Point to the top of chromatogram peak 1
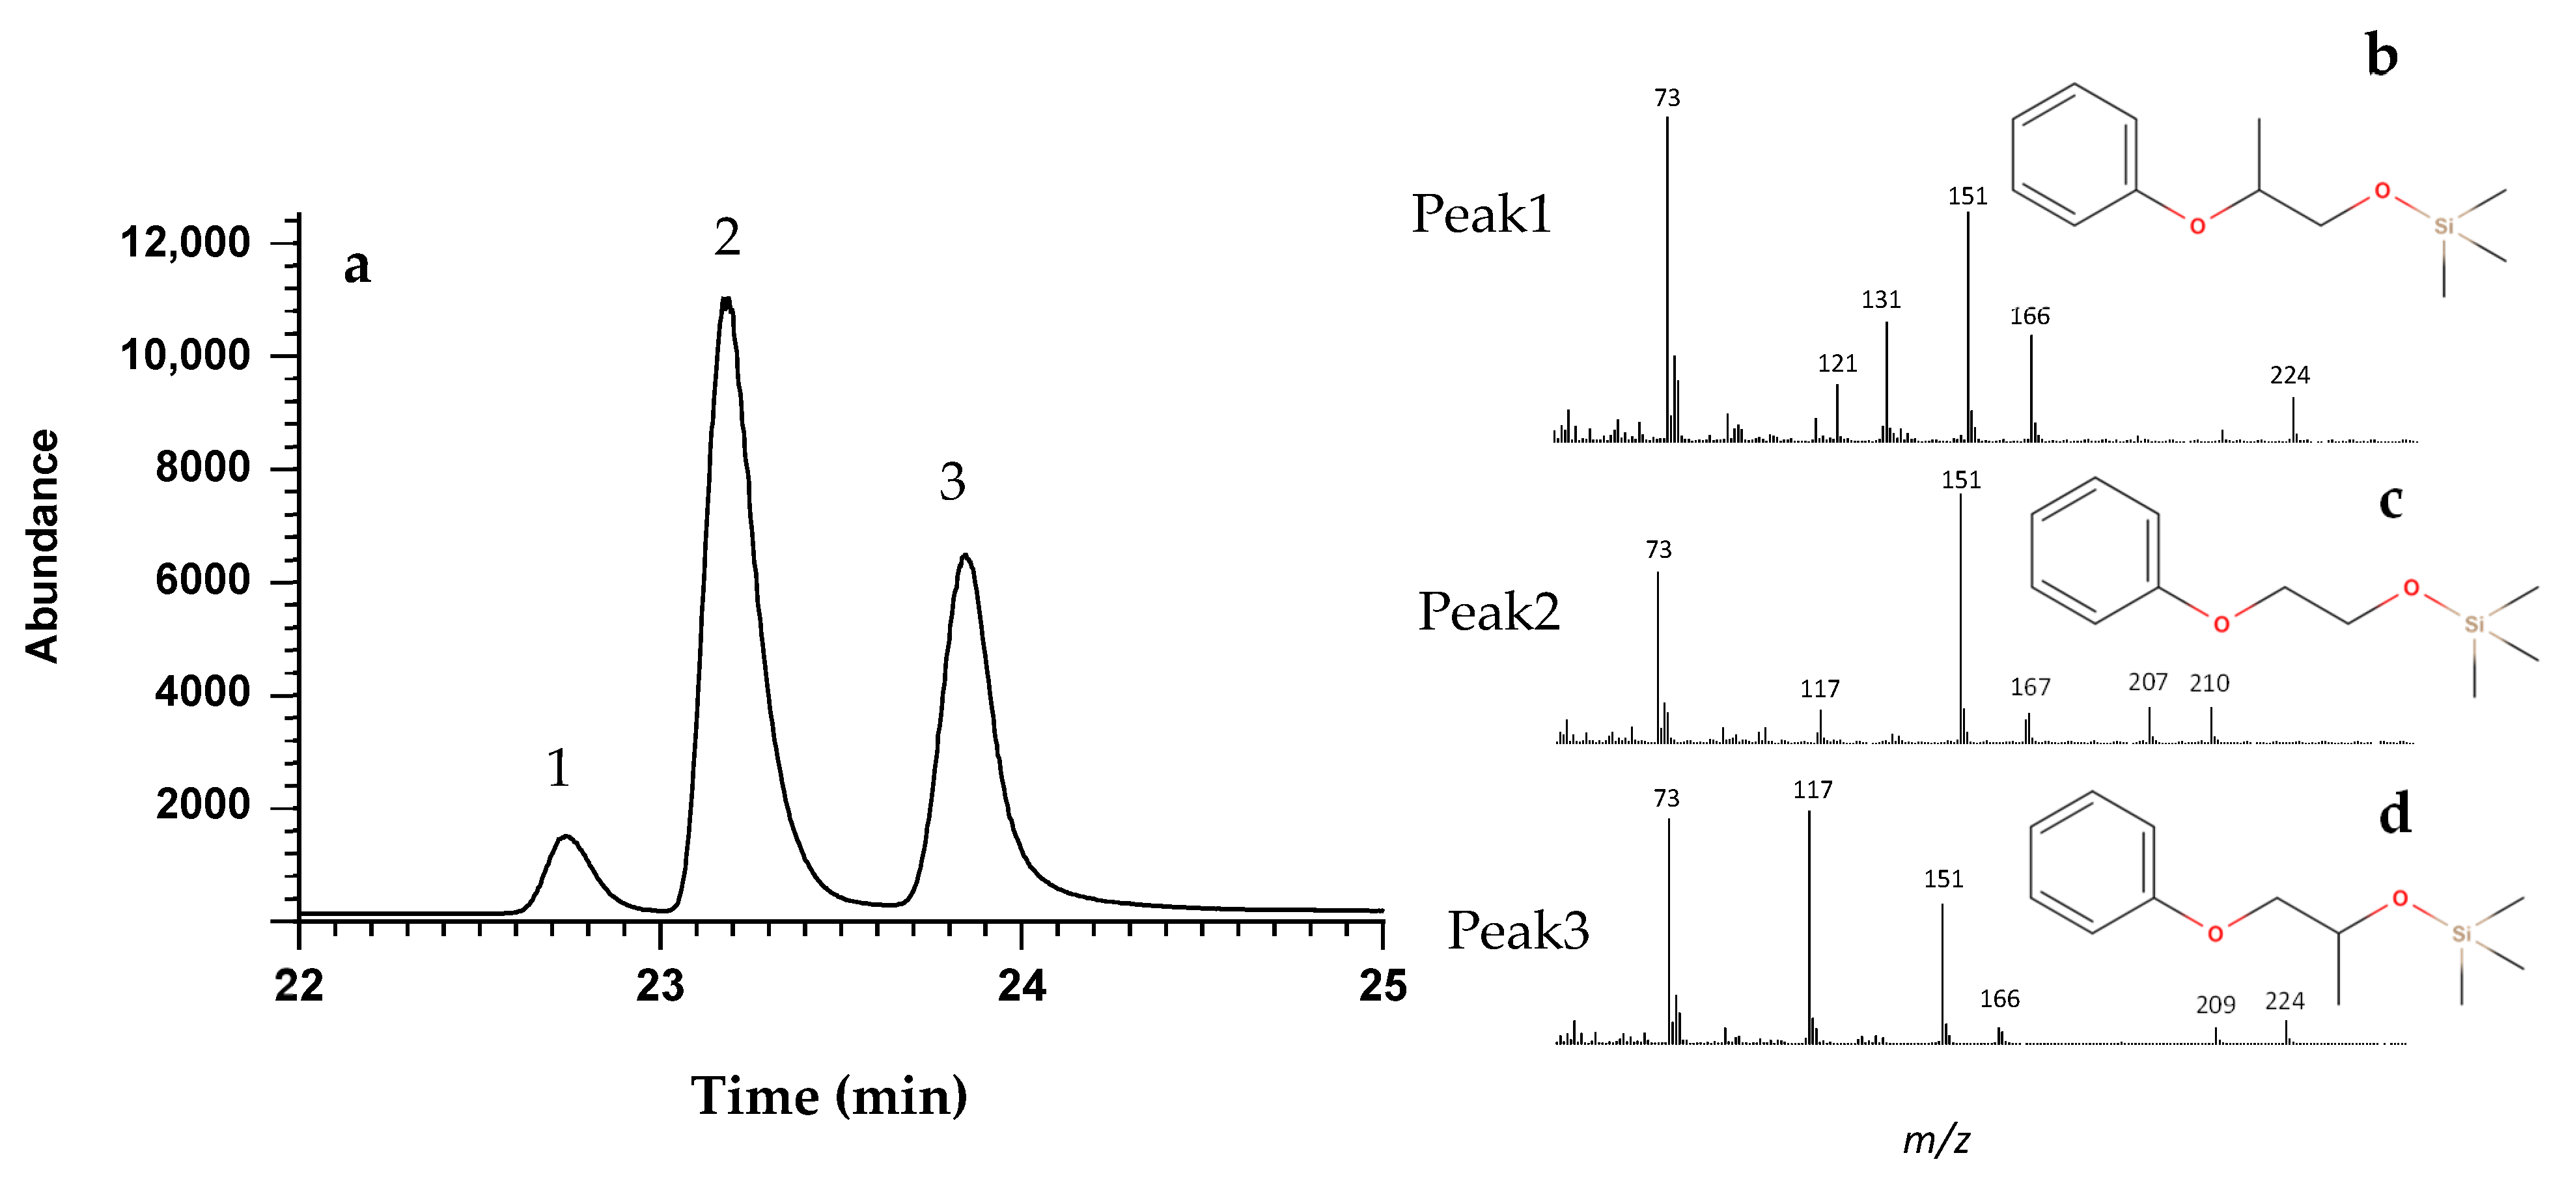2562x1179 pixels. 565,837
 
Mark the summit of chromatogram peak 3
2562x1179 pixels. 964,556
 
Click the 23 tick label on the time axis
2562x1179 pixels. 660,986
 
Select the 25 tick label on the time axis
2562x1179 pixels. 1382,986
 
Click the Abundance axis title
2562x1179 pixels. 42,546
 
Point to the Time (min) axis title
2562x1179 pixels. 828,1096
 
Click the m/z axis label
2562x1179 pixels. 1936,1139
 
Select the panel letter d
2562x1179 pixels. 2395,814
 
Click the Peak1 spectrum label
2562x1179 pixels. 1481,214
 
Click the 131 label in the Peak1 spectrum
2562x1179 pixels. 1881,299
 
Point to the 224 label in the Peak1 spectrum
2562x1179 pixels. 2289,375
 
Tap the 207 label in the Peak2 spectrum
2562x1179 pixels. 2147,682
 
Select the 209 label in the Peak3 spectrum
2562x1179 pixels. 2215,1005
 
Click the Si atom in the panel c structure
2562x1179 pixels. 2473,624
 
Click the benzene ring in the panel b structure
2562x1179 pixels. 2074,154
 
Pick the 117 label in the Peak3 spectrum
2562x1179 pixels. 1812,789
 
